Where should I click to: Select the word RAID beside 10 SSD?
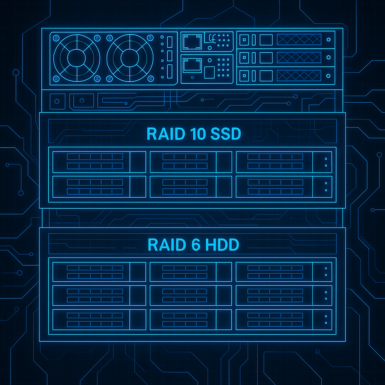[x=162, y=134]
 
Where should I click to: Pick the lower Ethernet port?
[x=191, y=65]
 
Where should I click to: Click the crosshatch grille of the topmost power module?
[x=299, y=39]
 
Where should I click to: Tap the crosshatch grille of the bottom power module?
[x=299, y=75]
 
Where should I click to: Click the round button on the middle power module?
[x=329, y=58]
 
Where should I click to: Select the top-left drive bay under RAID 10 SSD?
[x=99, y=162]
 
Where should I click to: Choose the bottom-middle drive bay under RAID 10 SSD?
[x=191, y=186]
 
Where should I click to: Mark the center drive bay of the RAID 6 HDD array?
[x=191, y=295]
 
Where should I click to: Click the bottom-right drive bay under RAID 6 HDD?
[x=284, y=319]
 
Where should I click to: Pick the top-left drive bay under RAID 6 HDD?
[x=99, y=271]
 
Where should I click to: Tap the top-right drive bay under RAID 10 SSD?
[x=284, y=162]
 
